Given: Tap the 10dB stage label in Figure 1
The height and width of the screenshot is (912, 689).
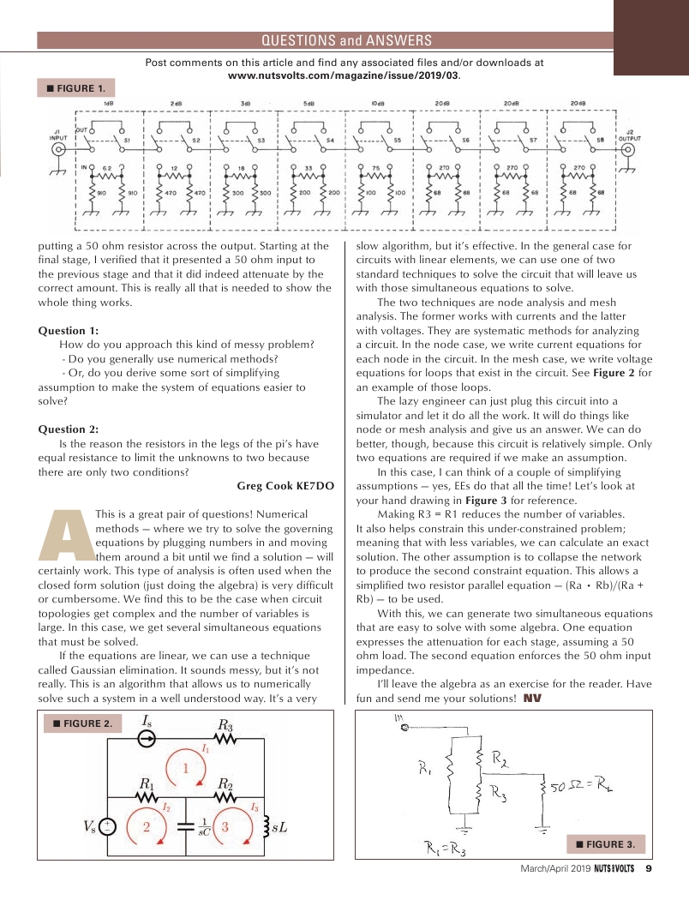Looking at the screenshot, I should pos(377,103).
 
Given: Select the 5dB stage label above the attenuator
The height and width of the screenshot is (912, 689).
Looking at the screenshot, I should pos(309,103).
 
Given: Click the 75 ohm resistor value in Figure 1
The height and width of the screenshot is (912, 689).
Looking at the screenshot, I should pos(375,168).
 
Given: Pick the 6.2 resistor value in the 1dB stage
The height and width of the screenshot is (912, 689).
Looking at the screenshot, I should pos(107,168).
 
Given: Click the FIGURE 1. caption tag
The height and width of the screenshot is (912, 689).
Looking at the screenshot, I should pos(75,88).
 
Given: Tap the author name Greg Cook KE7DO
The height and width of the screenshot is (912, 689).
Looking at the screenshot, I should pos(285,486).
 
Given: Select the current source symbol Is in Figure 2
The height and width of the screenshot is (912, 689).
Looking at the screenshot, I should pos(147,740).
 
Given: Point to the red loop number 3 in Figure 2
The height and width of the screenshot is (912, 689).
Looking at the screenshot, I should pos(225,827).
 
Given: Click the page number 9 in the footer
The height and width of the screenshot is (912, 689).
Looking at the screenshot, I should pos(649,867).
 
